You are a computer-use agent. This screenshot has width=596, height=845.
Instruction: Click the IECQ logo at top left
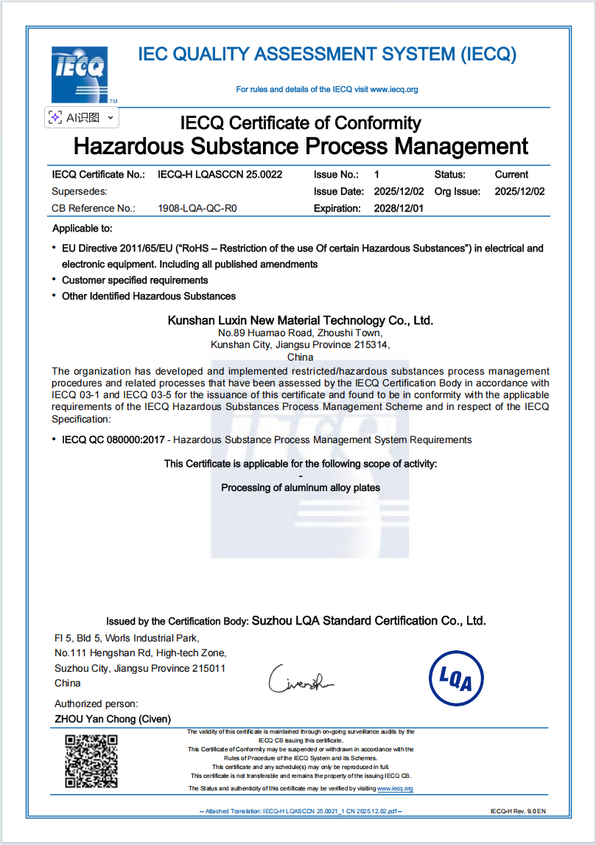click(80, 74)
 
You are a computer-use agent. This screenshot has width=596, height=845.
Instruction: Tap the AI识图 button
click(81, 117)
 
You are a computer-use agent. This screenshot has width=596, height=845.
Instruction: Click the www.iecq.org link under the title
click(393, 90)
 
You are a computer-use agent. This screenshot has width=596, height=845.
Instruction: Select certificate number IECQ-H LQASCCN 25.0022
click(220, 175)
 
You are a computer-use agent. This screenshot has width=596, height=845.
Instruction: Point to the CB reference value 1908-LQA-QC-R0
click(197, 208)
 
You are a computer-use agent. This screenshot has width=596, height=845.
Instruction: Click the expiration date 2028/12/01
click(399, 208)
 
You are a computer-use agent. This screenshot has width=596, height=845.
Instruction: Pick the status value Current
click(511, 175)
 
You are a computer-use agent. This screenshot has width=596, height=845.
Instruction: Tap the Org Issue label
click(457, 191)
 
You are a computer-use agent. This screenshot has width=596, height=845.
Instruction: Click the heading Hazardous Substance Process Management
click(301, 145)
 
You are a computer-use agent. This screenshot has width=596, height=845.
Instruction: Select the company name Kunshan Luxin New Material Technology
click(301, 321)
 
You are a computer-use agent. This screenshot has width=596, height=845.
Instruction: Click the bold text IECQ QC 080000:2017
click(113, 439)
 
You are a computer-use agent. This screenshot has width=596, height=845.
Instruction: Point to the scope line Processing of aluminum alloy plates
click(301, 487)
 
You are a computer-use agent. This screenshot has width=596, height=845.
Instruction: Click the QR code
click(92, 761)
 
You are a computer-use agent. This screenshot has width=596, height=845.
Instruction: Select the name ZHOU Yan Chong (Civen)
click(113, 719)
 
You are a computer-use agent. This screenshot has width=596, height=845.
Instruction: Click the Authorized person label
click(96, 704)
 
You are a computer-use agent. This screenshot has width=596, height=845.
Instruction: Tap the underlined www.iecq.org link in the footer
click(395, 788)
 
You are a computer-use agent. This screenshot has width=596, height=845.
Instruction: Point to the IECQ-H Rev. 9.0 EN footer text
click(518, 811)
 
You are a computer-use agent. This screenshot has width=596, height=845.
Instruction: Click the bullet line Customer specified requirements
click(135, 280)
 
